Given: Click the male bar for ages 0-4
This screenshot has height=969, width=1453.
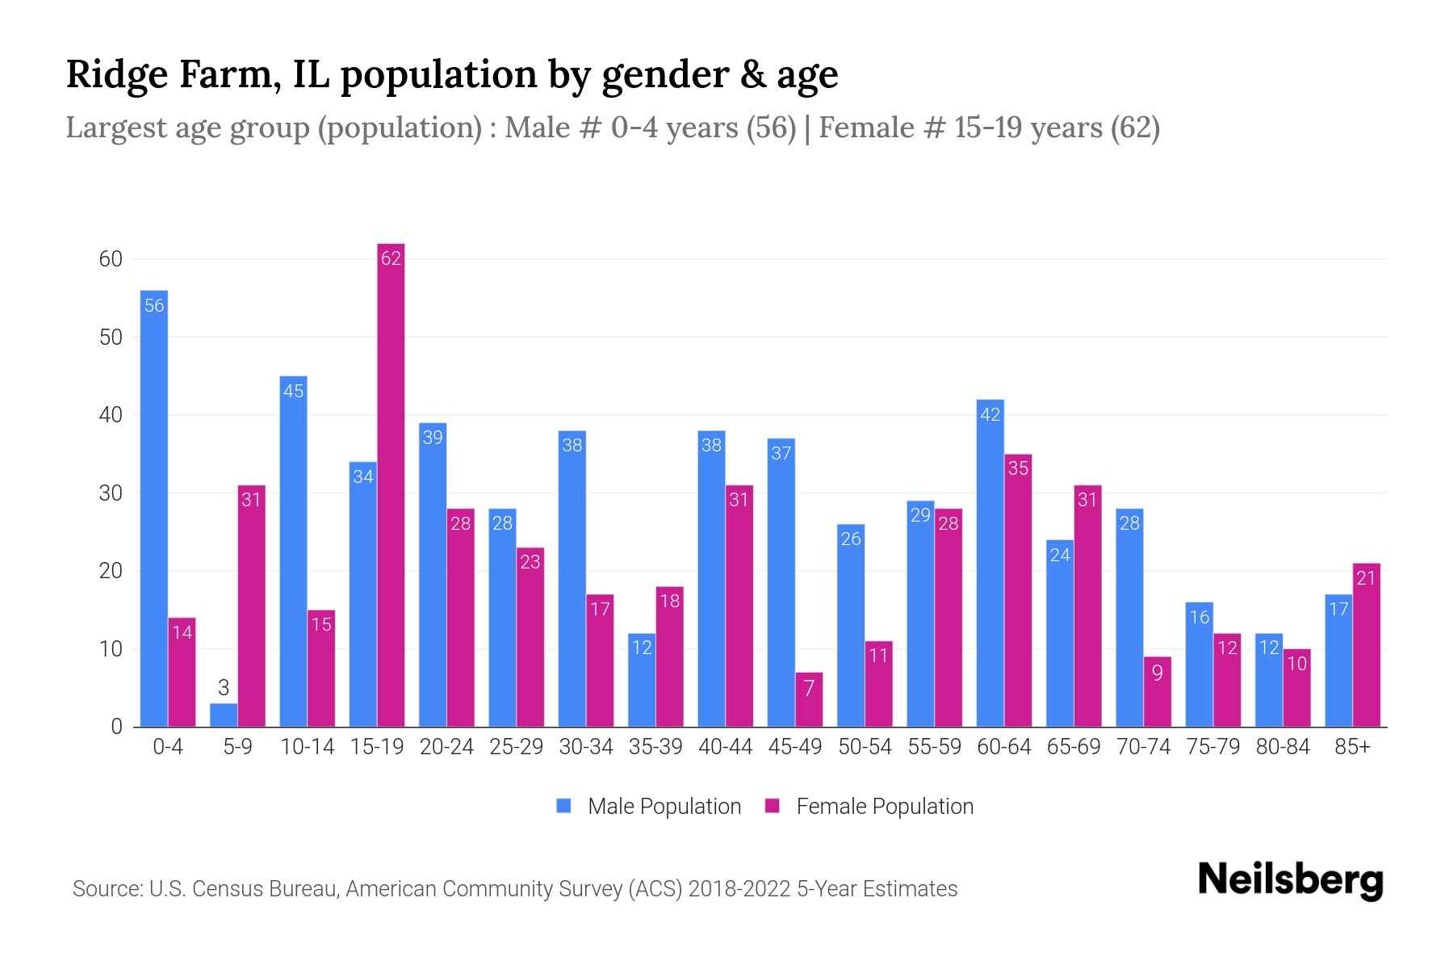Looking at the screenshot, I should pyautogui.click(x=154, y=509).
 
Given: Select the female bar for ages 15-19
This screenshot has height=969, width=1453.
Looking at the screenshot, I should pyautogui.click(x=391, y=484).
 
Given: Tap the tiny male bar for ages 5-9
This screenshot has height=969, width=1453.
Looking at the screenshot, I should pyautogui.click(x=224, y=715).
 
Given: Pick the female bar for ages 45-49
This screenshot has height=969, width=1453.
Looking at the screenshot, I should pyautogui.click(x=809, y=700).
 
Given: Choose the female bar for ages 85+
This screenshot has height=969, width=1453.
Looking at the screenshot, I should pyautogui.click(x=1367, y=645).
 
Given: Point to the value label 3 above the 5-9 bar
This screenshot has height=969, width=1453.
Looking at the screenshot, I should pyautogui.click(x=224, y=688).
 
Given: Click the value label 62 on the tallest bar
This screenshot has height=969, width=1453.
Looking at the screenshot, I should pyautogui.click(x=391, y=258).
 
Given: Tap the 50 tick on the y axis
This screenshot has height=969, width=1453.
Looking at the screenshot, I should pyautogui.click(x=111, y=338).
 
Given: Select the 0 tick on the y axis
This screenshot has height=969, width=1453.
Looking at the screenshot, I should pyautogui.click(x=116, y=727).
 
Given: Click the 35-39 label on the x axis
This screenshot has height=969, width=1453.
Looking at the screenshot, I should pyautogui.click(x=655, y=747).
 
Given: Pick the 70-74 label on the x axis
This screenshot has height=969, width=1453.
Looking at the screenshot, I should pyautogui.click(x=1143, y=747).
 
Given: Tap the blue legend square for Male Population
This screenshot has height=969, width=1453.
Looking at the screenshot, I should pyautogui.click(x=564, y=806).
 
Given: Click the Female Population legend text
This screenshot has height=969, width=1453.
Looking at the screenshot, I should pyautogui.click(x=885, y=807).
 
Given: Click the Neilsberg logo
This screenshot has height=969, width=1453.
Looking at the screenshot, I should pyautogui.click(x=1291, y=880).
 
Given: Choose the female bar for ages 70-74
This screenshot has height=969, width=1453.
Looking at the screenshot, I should pyautogui.click(x=1158, y=692).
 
